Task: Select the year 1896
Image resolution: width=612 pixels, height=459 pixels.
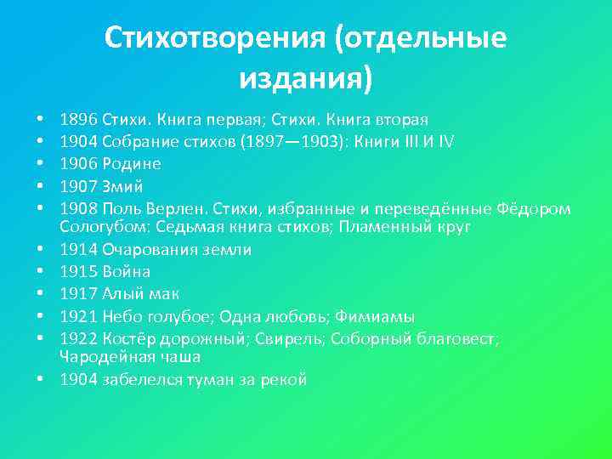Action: click(x=78, y=119)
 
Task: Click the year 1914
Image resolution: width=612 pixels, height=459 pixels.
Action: click(x=78, y=250)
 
